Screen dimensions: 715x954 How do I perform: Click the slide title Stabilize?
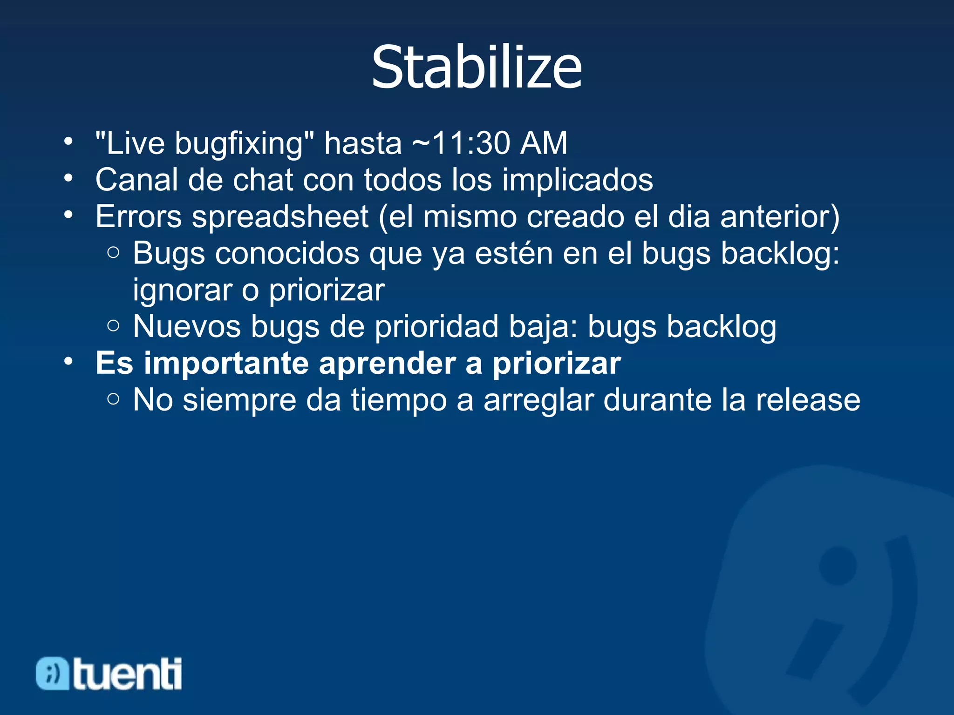coord(477,67)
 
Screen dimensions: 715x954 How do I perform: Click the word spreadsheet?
coord(280,217)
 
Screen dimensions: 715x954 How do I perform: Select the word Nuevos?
coord(187,326)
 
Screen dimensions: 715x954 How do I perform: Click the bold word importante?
coord(226,363)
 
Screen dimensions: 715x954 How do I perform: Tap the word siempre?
coord(239,400)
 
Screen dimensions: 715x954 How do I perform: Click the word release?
coord(807,400)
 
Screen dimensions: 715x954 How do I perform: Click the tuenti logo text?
coord(127,674)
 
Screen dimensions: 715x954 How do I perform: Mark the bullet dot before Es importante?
coord(69,361)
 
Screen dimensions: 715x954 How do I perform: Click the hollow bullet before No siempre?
coord(113,399)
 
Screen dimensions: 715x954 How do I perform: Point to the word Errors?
coord(138,217)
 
